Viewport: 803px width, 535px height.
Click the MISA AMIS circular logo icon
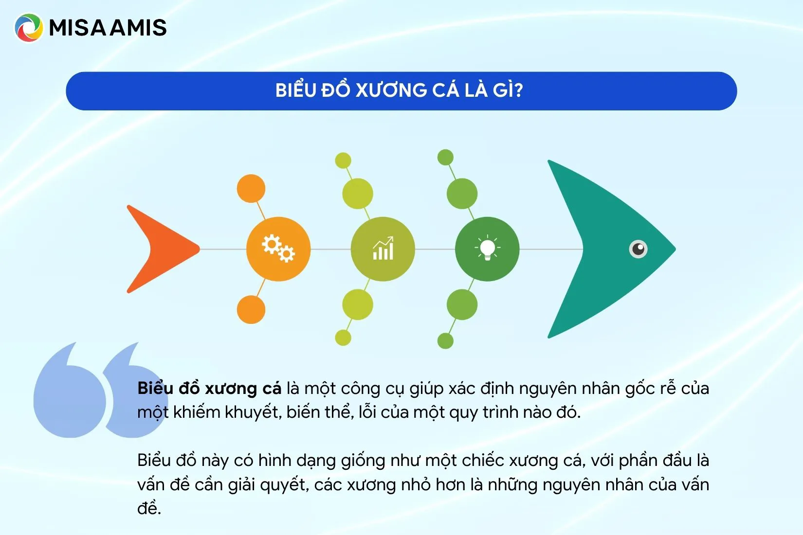coord(29,28)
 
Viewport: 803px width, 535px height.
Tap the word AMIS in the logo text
coord(138,28)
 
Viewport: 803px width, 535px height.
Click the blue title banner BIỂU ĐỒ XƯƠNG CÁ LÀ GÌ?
coord(401,91)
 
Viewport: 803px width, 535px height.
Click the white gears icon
coord(278,249)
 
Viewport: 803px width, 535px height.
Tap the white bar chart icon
coord(383,248)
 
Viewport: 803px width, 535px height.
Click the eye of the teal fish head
coord(638,249)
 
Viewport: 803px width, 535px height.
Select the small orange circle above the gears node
coord(251,189)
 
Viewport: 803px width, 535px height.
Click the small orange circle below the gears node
coord(251,310)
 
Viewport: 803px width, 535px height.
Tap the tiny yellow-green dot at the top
coord(343,160)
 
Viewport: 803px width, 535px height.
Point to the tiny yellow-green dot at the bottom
coord(343,338)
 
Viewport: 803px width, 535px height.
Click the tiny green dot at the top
coord(446,157)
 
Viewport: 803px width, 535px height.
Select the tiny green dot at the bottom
coord(446,340)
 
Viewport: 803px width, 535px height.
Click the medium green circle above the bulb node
coord(462,194)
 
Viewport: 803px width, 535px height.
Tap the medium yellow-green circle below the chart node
coord(358,304)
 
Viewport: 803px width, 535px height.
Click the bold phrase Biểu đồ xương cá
coord(209,389)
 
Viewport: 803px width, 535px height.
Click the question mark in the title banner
coord(518,90)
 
